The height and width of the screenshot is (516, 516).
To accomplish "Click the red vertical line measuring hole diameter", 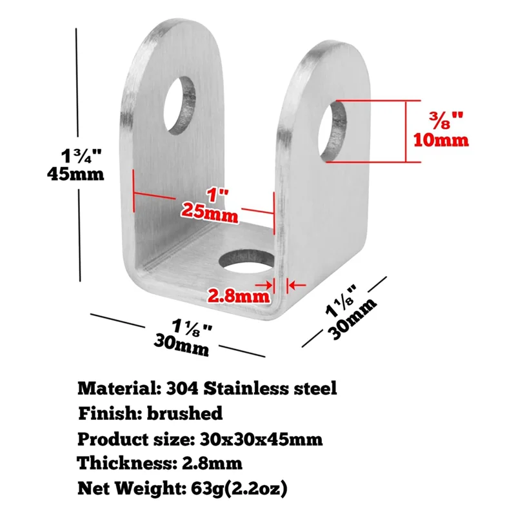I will tap(406, 132).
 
